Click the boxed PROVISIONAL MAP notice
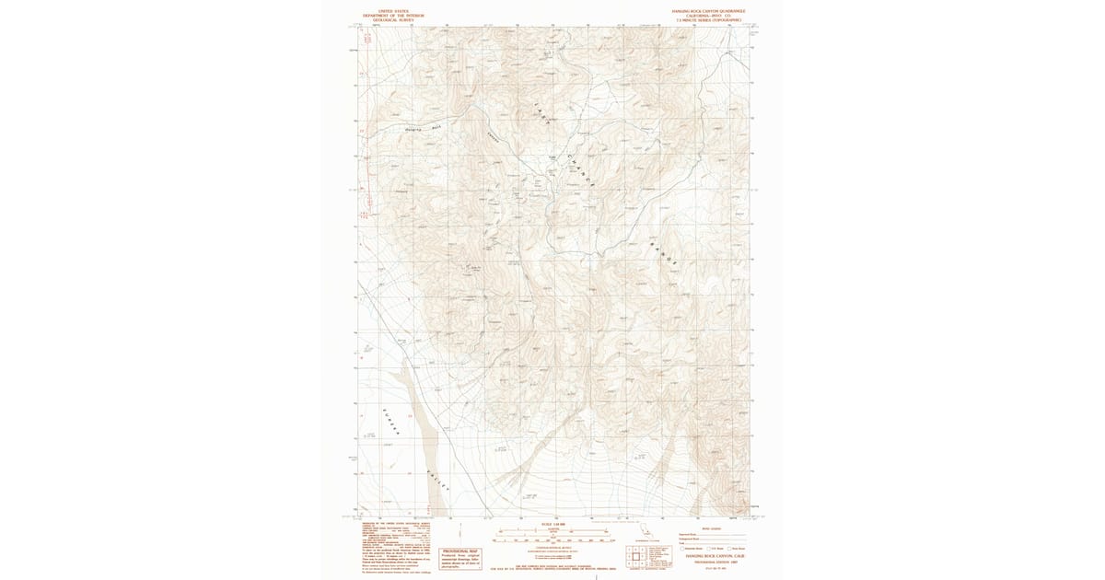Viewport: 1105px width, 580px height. point(466,534)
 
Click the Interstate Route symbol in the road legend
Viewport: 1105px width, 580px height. point(682,549)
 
